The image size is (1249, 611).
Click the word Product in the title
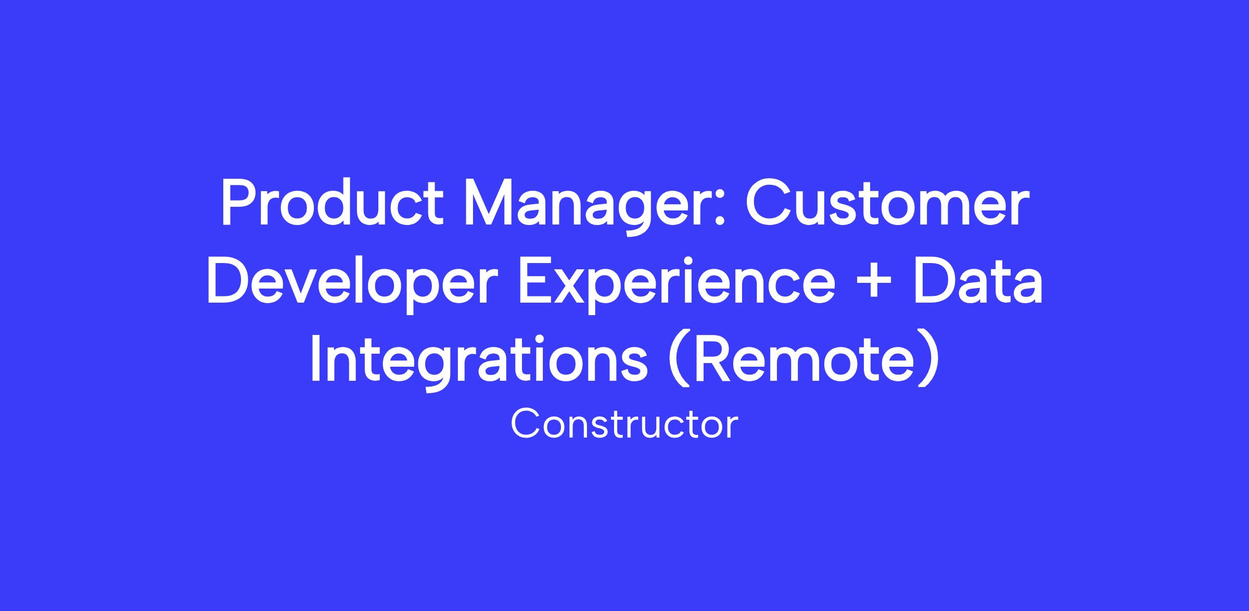point(332,203)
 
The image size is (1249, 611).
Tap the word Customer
point(887,203)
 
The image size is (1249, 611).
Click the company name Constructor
point(624,424)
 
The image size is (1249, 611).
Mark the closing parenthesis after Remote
point(931,363)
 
